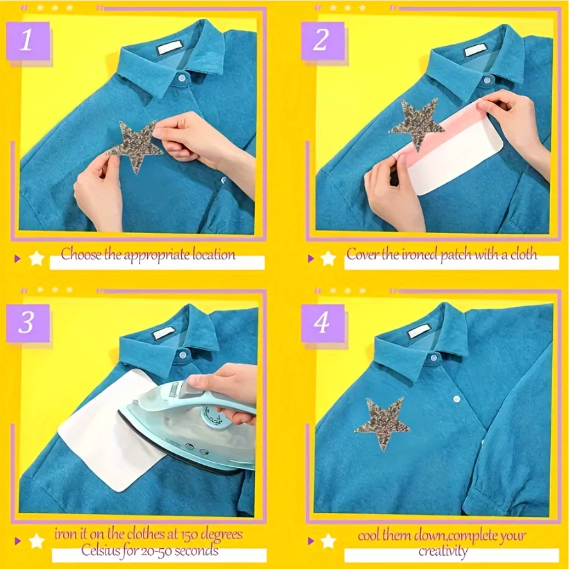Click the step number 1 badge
click(x=27, y=41)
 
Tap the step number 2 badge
click(x=321, y=41)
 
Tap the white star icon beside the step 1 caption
click(x=37, y=258)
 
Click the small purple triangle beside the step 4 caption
click(x=311, y=541)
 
